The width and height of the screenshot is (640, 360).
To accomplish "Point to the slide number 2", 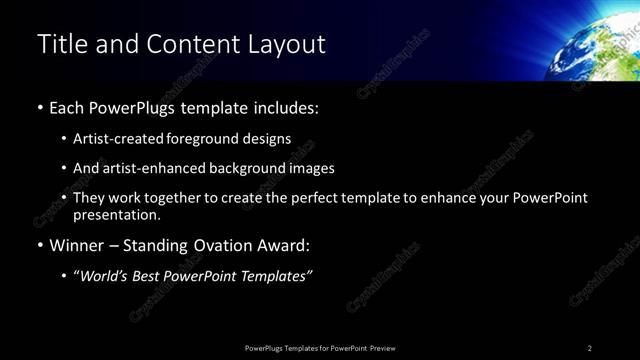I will click(589, 348).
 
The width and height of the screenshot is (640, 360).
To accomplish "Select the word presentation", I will click(116, 214).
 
